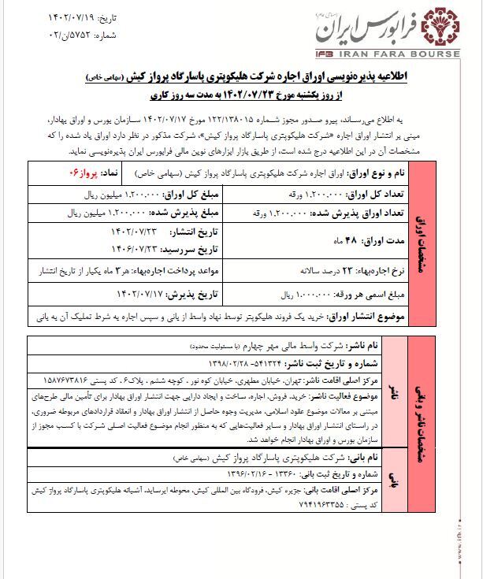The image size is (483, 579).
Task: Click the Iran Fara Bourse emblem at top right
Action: (440, 26)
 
